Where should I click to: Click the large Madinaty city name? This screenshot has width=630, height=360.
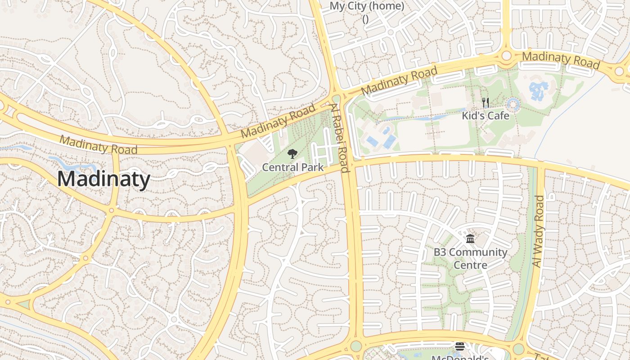[x=103, y=179]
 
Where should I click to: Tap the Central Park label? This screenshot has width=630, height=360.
[x=292, y=167]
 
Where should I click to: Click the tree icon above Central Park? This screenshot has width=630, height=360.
[x=292, y=154]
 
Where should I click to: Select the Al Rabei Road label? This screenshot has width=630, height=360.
[x=340, y=138]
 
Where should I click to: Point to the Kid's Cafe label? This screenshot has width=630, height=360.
[x=486, y=116]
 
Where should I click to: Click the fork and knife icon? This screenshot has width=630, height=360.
[x=485, y=103]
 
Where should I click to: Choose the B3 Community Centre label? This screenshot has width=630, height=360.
[x=470, y=258]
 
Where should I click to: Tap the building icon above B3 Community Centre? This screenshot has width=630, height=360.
[x=470, y=238]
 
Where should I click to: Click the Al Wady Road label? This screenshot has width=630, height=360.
[x=539, y=231]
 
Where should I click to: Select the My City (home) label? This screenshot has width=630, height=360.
[x=367, y=6]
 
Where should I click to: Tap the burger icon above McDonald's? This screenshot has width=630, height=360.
[x=459, y=346]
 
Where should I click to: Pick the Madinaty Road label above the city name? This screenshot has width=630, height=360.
[x=98, y=144]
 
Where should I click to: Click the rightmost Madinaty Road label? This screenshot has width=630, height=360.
[x=561, y=60]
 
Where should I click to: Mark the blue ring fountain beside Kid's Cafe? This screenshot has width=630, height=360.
[x=513, y=105]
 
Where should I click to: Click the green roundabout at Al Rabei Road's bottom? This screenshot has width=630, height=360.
[x=356, y=346]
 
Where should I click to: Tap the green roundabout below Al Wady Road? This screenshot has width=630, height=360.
[x=518, y=349]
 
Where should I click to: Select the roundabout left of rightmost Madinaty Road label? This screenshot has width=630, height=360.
[x=507, y=55]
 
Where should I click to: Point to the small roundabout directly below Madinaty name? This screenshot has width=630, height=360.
[x=111, y=210]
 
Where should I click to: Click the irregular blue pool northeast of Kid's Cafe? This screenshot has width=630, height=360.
[x=539, y=90]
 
